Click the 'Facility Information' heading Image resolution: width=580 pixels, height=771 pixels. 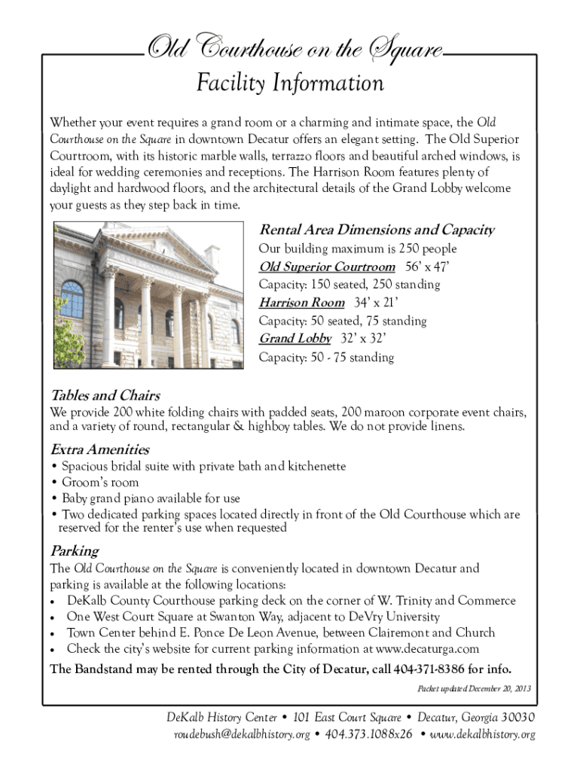click(290, 84)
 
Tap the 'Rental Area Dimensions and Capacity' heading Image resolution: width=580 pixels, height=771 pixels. click(377, 230)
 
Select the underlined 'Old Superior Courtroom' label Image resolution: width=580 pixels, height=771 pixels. click(327, 267)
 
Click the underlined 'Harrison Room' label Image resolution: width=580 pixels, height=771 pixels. click(301, 303)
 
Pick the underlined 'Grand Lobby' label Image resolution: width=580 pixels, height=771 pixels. click(295, 339)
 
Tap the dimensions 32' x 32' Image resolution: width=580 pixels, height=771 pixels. click(367, 339)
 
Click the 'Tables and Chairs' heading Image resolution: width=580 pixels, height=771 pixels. click(105, 395)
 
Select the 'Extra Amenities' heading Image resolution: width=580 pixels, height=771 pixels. click(99, 449)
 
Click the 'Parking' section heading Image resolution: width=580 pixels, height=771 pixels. click(75, 550)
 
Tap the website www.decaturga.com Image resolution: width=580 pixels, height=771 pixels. click(428, 648)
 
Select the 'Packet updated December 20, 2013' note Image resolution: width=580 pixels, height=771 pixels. click(474, 689)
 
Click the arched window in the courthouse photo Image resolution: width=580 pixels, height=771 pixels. click(72, 299)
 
